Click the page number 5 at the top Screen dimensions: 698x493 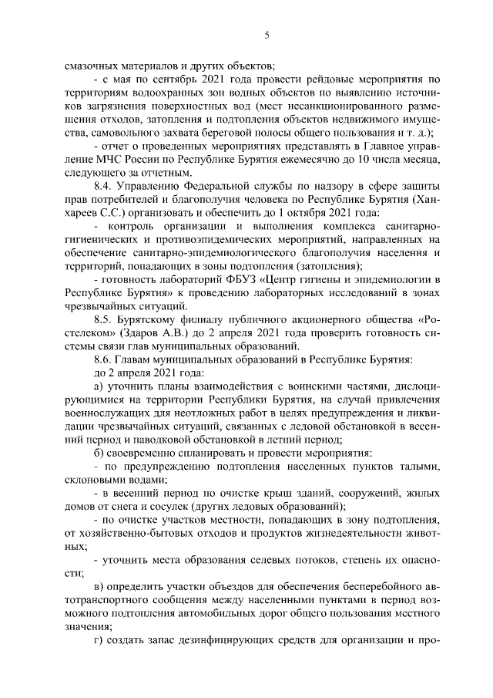(267, 34)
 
